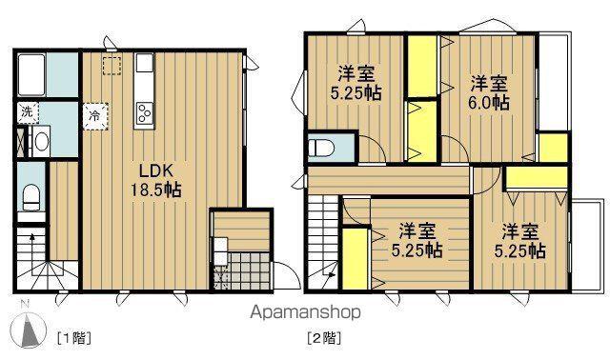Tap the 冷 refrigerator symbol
[x=95, y=114]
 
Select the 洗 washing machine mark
[x=27, y=112]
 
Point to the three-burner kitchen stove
[x=145, y=113]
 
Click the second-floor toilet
[x=322, y=150]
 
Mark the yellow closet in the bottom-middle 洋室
[x=356, y=256]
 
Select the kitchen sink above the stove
[x=145, y=65]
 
